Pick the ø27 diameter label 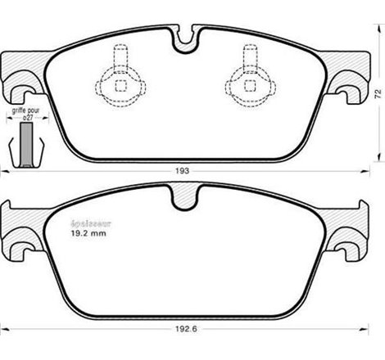[27, 119]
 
